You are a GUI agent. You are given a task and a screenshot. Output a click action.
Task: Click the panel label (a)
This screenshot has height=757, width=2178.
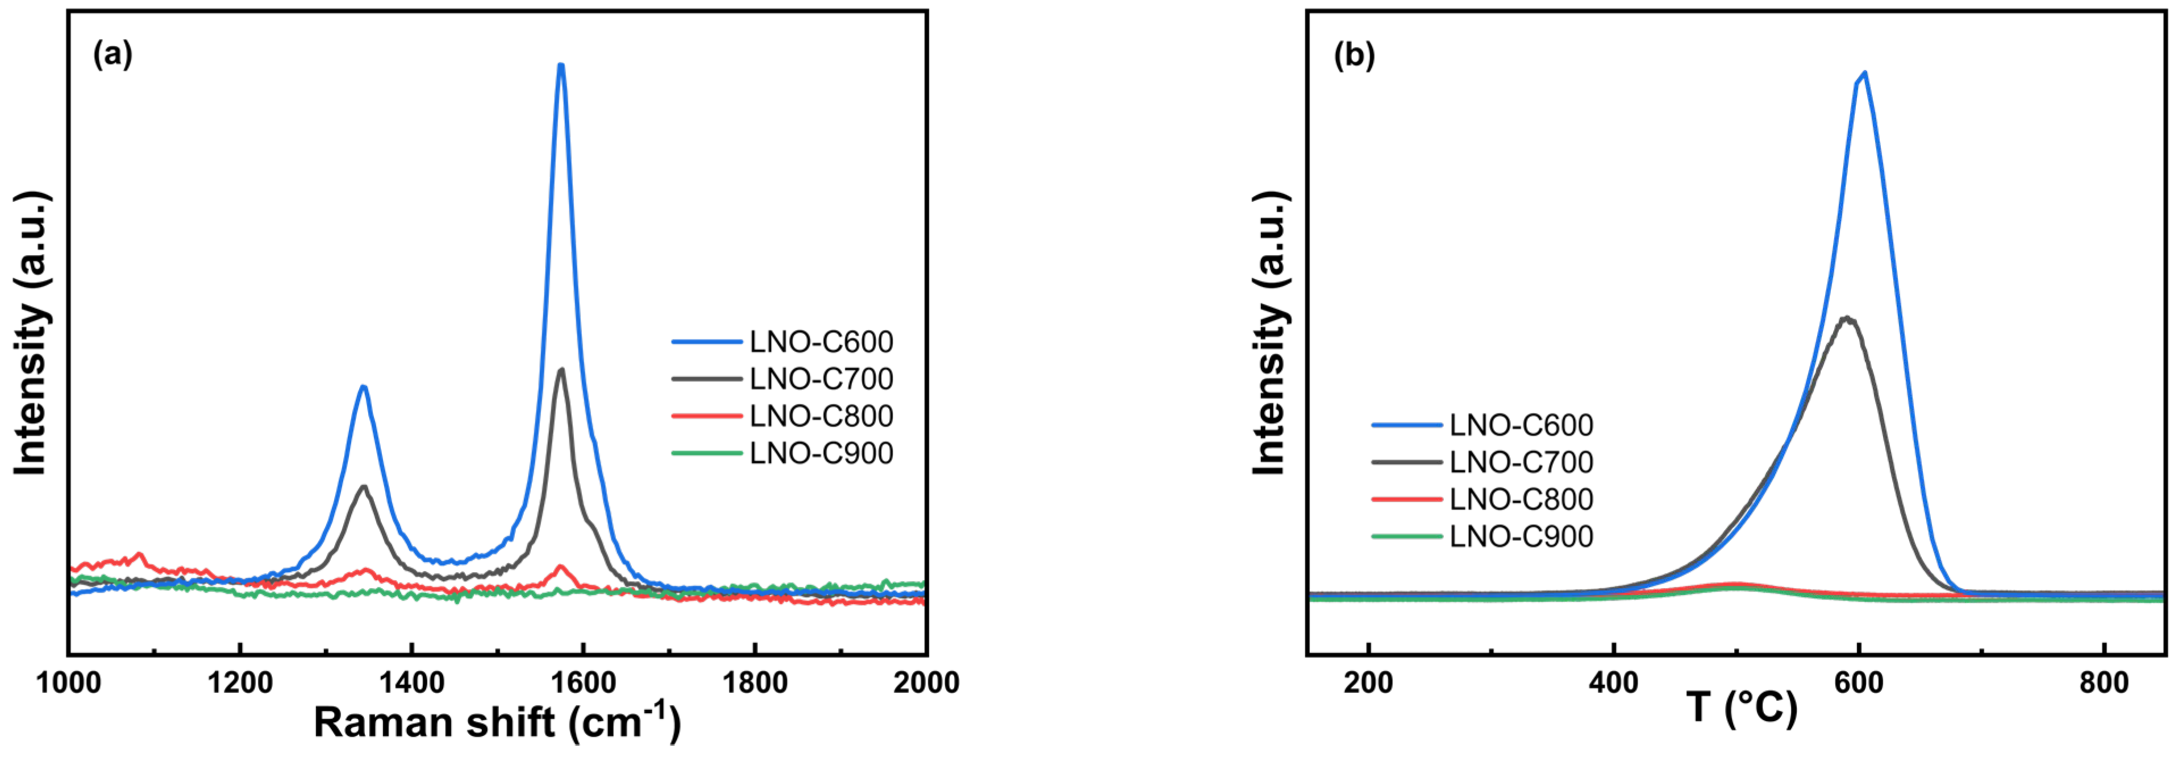pyautogui.click(x=113, y=55)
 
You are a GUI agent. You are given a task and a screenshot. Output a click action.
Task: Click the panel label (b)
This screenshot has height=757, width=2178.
pyautogui.click(x=1354, y=55)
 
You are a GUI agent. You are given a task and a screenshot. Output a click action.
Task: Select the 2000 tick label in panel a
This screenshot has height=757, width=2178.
pyautogui.click(x=926, y=682)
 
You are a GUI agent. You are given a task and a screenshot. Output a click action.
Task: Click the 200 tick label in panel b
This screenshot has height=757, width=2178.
pyautogui.click(x=1368, y=682)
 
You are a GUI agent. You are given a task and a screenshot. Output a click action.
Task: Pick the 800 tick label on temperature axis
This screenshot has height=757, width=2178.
pyautogui.click(x=2104, y=682)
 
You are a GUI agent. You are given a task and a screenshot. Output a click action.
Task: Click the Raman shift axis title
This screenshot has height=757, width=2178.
pyautogui.click(x=497, y=722)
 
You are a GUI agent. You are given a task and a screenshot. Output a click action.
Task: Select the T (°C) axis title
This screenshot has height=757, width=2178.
pyautogui.click(x=1742, y=707)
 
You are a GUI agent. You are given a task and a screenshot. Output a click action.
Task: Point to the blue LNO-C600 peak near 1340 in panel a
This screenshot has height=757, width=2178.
pyautogui.click(x=364, y=387)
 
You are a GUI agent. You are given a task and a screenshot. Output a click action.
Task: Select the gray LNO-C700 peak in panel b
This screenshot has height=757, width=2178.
pyautogui.click(x=1848, y=318)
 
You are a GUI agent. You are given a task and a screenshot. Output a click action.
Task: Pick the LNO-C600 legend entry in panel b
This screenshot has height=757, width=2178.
pyautogui.click(x=1520, y=425)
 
